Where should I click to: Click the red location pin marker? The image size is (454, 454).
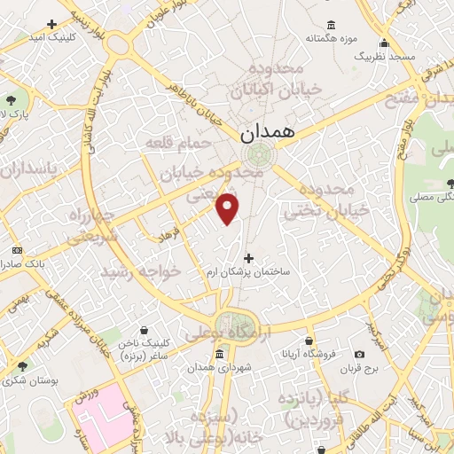pyautogui.click(x=229, y=207)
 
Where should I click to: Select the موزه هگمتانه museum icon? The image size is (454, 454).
pyautogui.click(x=331, y=24)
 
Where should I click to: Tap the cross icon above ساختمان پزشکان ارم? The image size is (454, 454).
pyautogui.click(x=248, y=258)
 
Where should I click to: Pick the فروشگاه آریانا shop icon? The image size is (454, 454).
pyautogui.click(x=309, y=341)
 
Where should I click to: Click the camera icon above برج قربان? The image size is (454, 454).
pyautogui.click(x=359, y=355)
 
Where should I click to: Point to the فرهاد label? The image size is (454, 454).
pyautogui.click(x=168, y=237)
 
